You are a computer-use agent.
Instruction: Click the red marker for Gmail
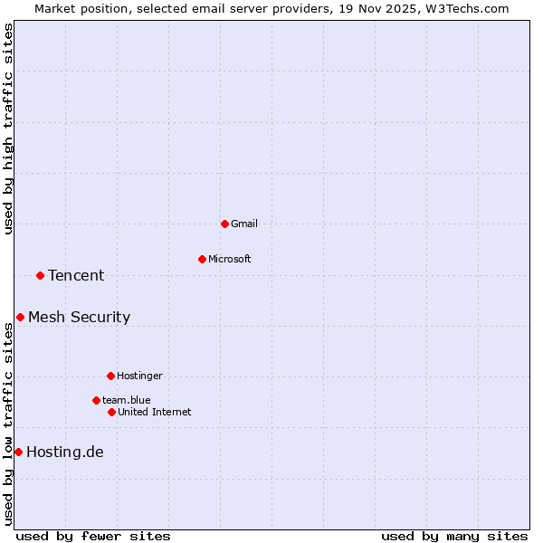(224, 224)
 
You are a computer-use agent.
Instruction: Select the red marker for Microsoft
(202, 259)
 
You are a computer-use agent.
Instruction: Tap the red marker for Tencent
(40, 275)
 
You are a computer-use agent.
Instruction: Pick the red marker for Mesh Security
(20, 317)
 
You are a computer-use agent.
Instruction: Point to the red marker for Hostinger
(110, 376)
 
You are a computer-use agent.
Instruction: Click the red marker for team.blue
(96, 400)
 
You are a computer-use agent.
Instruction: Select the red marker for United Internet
(111, 412)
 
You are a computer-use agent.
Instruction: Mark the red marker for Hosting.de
(18, 452)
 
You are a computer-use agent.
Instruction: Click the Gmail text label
(244, 224)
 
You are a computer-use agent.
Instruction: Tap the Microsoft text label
(230, 259)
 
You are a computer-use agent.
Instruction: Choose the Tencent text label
(76, 275)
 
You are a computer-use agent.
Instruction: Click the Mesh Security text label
(79, 317)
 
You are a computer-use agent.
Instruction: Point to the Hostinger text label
(139, 376)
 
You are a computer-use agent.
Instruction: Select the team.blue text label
(127, 400)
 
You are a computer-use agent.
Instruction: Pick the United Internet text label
(154, 412)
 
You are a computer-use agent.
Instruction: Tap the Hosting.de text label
(65, 452)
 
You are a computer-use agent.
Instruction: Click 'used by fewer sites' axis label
(93, 536)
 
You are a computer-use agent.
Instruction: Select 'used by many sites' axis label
(454, 536)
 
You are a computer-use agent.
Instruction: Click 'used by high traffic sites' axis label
(8, 129)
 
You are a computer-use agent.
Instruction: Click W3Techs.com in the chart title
(468, 8)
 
